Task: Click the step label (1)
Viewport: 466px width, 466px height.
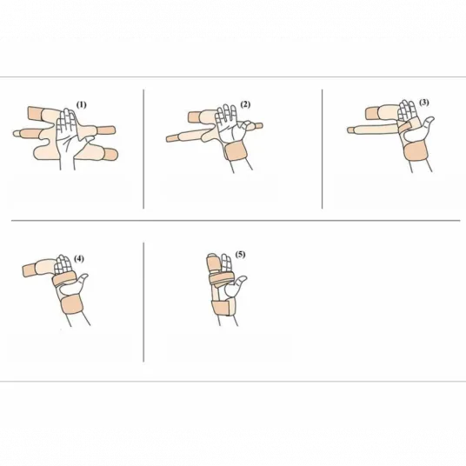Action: pos(82,105)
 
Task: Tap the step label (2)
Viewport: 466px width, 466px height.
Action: pos(245,104)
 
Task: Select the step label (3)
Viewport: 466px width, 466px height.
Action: pos(424,103)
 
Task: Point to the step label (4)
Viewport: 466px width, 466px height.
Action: pos(79,258)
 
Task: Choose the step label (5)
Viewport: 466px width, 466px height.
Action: pos(240,255)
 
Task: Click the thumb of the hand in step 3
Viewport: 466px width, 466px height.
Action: pos(428,123)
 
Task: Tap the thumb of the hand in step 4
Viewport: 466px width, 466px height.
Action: pos(82,280)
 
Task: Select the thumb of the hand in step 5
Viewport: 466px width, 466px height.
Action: pos(240,283)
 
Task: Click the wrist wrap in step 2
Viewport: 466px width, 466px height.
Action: pos(236,151)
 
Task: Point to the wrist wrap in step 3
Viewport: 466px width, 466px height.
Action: pos(416,152)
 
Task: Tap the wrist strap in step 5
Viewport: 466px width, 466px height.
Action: pos(223,308)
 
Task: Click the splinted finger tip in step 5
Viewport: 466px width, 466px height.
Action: pos(213,262)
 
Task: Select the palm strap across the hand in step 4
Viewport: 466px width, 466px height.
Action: pos(63,279)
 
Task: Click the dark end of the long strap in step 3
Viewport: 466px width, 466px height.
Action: pos(352,130)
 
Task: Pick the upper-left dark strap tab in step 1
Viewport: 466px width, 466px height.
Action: pos(35,113)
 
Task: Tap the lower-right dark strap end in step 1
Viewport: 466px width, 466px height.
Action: pos(110,154)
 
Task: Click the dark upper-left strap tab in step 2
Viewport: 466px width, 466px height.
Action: pos(195,116)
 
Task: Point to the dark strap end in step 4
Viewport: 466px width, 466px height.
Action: pos(30,270)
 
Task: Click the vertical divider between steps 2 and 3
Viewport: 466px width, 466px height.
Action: pos(323,149)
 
